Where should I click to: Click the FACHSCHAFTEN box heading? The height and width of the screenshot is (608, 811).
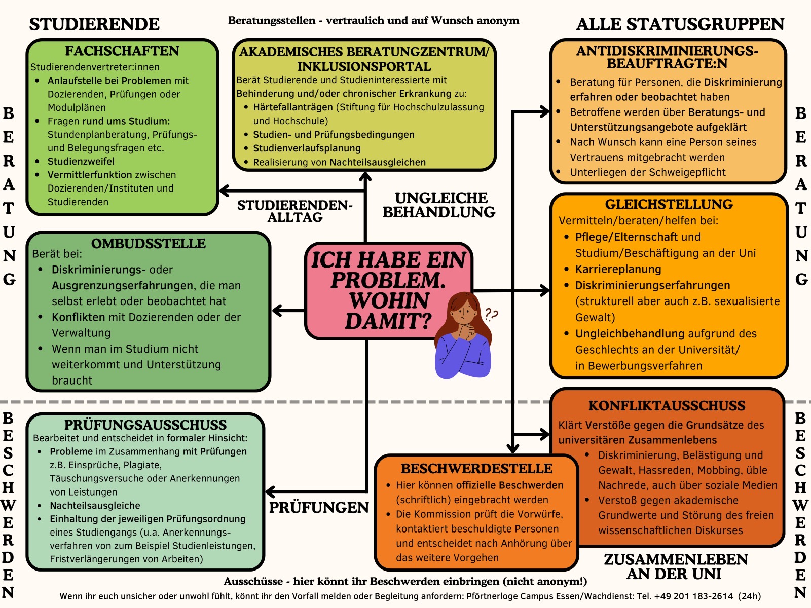pos(122,51)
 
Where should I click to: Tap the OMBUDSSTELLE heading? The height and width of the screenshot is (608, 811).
pos(149,243)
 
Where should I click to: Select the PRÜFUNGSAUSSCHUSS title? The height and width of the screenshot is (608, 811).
pos(145,425)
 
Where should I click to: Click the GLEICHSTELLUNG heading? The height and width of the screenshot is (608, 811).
pos(669,204)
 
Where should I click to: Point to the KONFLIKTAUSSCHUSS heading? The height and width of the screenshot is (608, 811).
pos(667,405)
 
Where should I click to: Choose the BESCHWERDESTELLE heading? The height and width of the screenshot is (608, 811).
pos(476,468)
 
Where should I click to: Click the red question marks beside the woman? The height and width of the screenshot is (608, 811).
pos(491,315)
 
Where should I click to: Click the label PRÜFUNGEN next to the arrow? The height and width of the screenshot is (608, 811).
pos(319,508)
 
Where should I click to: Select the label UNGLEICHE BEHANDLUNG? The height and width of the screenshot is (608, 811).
pos(439,205)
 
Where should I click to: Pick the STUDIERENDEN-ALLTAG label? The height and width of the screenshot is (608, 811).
pos(295,211)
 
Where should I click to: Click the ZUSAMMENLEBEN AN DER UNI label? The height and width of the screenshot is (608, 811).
pos(676,566)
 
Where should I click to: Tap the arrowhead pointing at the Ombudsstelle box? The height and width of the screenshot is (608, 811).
pos(277,311)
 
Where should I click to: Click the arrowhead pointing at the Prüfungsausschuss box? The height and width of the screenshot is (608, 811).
pos(270,491)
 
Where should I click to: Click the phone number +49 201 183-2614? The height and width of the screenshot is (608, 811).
pos(693,596)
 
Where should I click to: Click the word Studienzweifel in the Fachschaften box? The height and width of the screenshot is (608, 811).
pos(81,161)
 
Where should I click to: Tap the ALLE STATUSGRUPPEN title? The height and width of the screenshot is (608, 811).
pos(680,24)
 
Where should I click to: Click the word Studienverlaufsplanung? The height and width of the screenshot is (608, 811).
pos(307,148)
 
